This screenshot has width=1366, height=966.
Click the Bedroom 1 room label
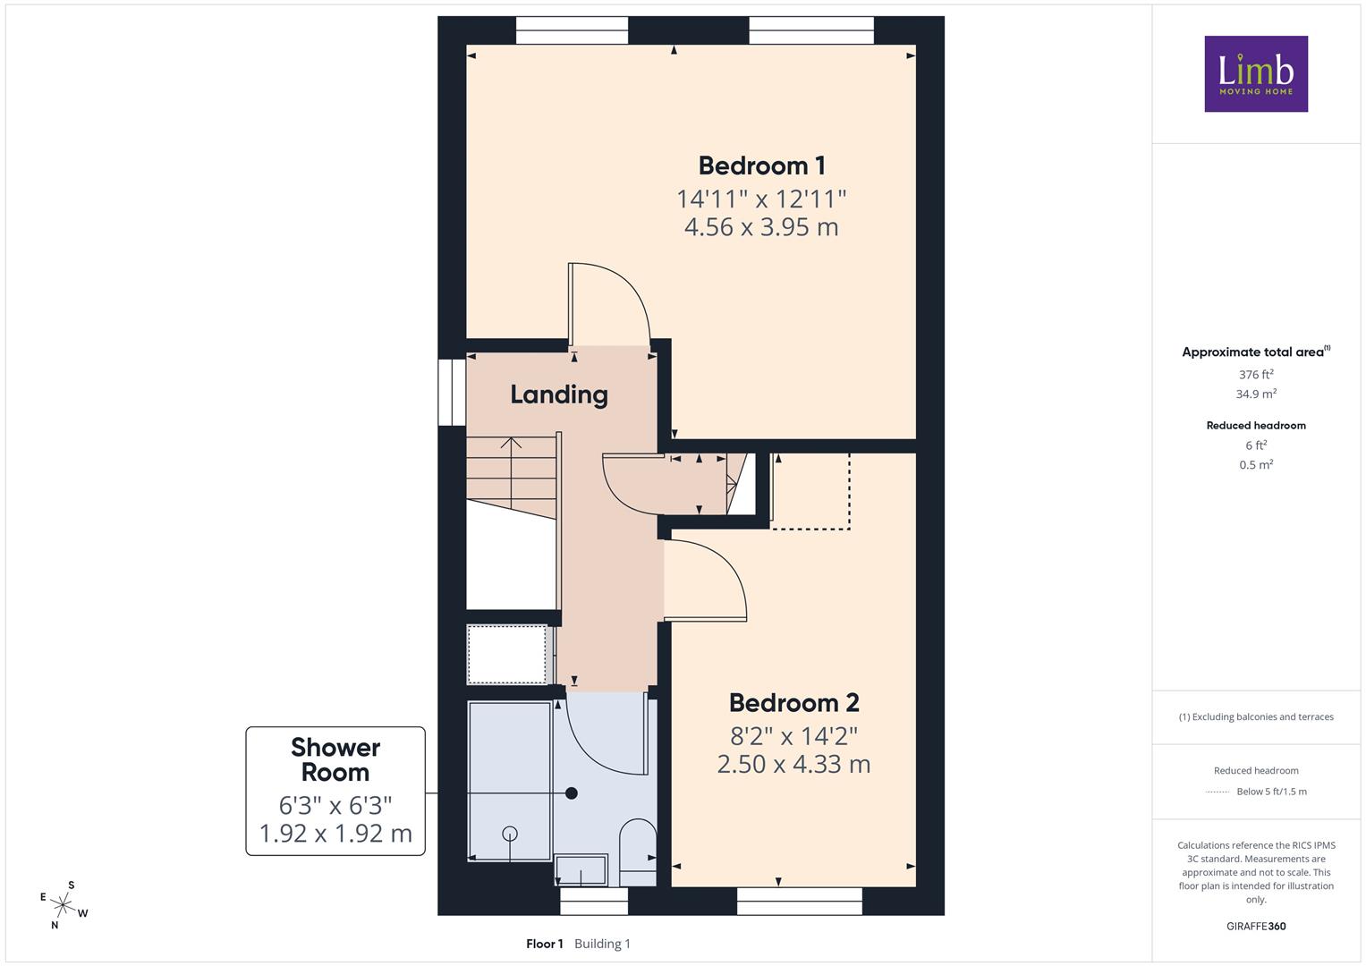(x=761, y=165)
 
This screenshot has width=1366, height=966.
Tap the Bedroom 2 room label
(x=794, y=703)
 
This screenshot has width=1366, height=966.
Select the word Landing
(x=559, y=395)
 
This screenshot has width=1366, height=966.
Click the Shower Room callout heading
(x=335, y=760)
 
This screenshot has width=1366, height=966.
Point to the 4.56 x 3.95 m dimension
(x=761, y=227)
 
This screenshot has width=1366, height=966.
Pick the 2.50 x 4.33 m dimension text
(x=794, y=764)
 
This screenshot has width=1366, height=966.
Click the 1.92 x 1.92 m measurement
(x=335, y=834)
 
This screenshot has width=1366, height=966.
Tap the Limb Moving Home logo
(x=1256, y=73)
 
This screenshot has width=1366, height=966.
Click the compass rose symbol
(x=63, y=905)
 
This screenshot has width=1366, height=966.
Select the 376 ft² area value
(x=1256, y=375)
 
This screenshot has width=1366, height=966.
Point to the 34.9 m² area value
(x=1256, y=394)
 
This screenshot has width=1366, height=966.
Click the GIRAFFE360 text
(x=1256, y=926)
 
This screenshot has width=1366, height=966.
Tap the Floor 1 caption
(x=545, y=944)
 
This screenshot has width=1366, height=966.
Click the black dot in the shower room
(x=572, y=793)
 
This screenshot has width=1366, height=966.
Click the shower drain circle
(x=510, y=833)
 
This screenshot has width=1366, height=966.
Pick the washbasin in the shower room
(x=581, y=869)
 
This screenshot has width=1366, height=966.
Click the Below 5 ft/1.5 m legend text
(x=1271, y=792)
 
